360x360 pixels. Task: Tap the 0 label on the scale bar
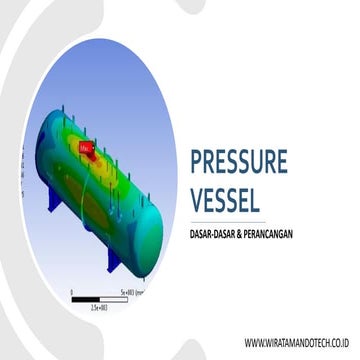[x=72, y=290]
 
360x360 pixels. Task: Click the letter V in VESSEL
[x=197, y=200]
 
